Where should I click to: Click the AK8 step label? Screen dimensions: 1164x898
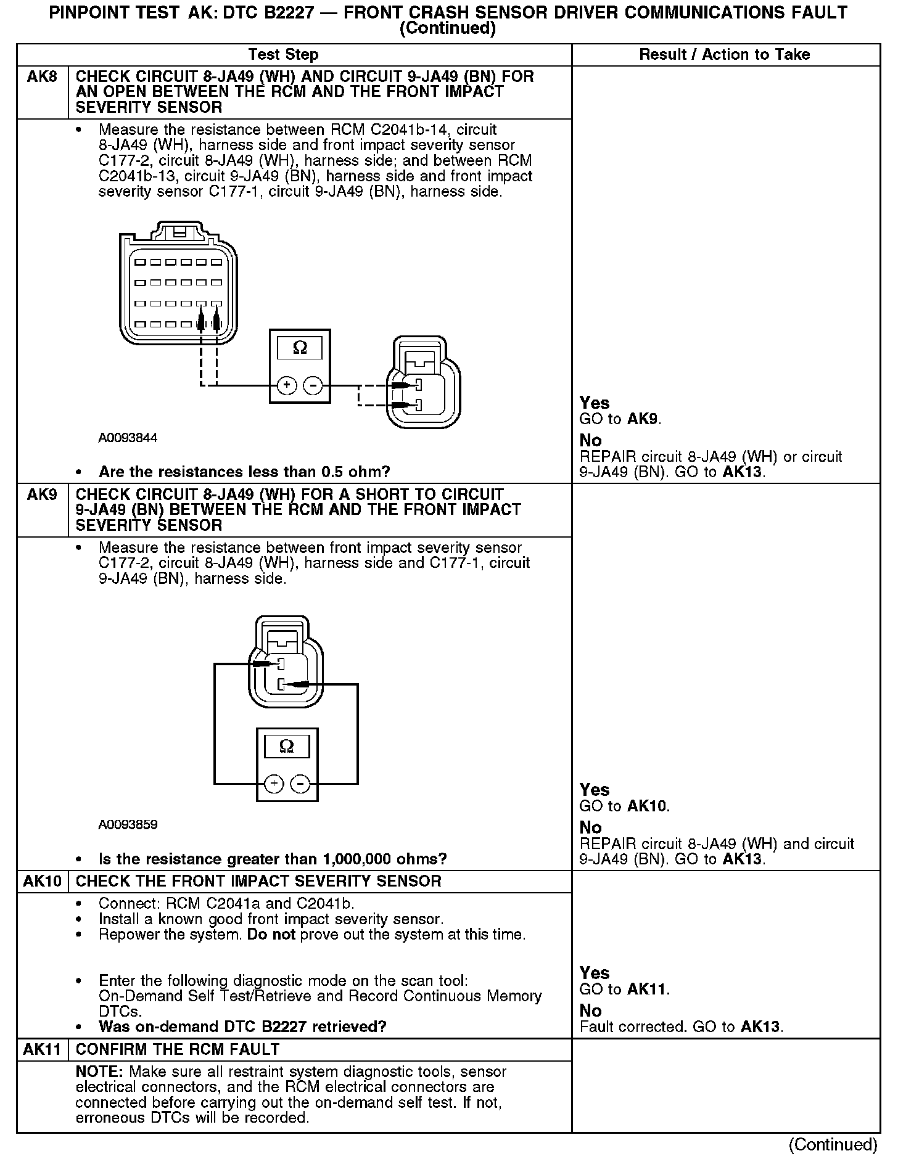42,77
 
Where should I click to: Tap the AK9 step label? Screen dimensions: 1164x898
42,495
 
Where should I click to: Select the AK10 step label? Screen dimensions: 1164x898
42,882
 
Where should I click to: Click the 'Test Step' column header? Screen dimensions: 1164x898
283,55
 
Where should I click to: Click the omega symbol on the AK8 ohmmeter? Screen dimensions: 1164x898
300,348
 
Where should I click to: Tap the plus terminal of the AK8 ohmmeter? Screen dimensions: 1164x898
286,386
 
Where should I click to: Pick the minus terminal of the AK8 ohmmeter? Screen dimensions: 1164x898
313,386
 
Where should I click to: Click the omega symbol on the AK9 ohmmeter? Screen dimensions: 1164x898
287,747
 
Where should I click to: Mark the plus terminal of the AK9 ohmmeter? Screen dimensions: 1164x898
273,784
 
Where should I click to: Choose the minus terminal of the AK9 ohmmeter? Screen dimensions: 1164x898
300,784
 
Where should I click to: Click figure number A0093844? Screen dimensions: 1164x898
128,438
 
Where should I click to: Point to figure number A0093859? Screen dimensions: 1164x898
128,825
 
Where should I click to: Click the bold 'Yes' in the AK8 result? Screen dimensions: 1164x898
594,403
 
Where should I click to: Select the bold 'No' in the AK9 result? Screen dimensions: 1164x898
590,827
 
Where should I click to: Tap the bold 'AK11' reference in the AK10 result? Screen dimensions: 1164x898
648,990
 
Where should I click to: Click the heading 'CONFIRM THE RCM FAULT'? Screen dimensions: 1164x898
178,1050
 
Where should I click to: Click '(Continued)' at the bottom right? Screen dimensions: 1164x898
832,1144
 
